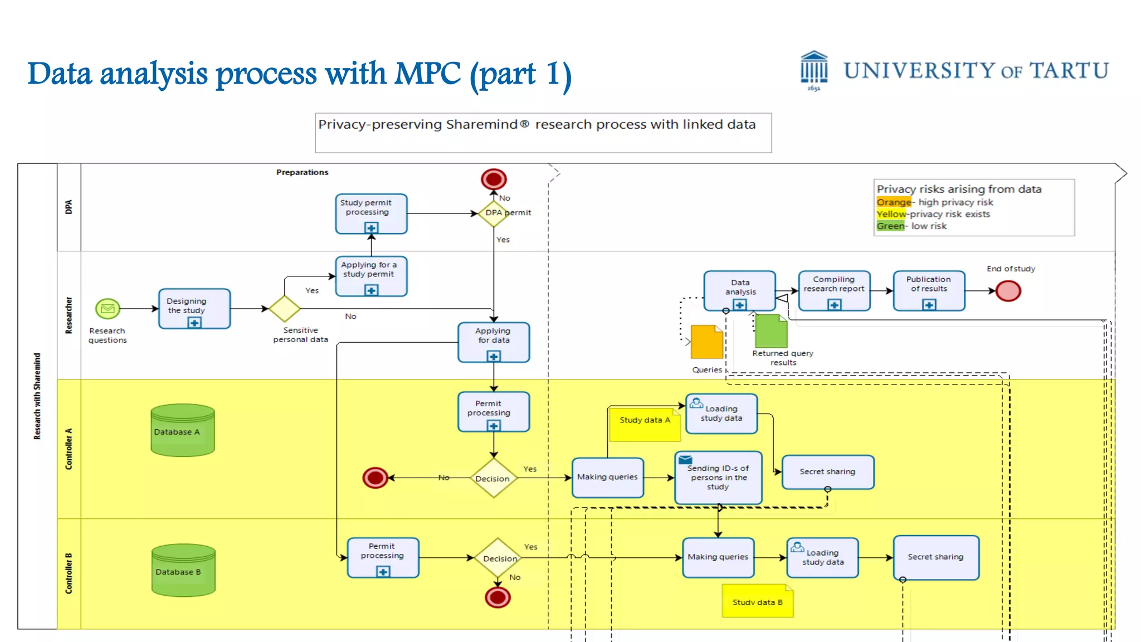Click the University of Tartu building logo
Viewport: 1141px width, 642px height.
tap(813, 70)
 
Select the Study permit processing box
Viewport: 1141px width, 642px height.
tap(371, 213)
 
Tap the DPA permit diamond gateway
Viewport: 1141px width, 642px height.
tap(493, 213)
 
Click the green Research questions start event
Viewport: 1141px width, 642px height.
tap(108, 308)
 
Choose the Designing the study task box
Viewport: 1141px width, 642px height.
tap(194, 308)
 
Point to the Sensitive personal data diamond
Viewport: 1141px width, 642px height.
tap(285, 308)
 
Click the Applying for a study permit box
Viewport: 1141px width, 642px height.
tap(371, 276)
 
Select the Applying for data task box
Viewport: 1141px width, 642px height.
tap(494, 342)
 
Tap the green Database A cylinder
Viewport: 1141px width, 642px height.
tap(183, 430)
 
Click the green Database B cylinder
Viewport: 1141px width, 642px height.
tap(183, 570)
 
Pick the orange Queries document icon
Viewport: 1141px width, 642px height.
tap(706, 342)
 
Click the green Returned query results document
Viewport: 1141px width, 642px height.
tap(771, 331)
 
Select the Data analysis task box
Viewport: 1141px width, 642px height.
tap(739, 290)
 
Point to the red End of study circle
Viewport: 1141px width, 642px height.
tap(1008, 290)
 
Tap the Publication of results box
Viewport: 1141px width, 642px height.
tap(929, 290)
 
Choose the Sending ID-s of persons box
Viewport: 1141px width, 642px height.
tap(718, 478)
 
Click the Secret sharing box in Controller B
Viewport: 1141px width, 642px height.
tap(936, 557)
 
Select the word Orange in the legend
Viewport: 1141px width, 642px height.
tap(894, 202)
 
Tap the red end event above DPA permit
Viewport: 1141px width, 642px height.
tap(494, 179)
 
